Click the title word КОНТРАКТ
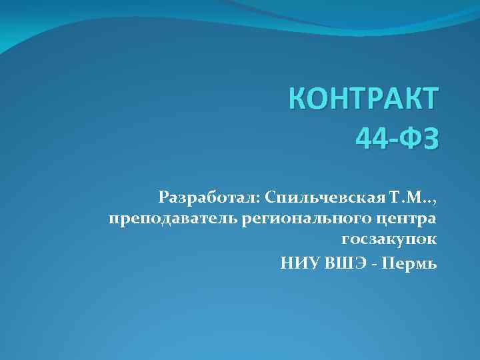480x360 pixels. tap(363, 100)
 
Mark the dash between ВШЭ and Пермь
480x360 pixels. tap(377, 264)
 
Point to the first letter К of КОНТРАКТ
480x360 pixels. tap(299, 100)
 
